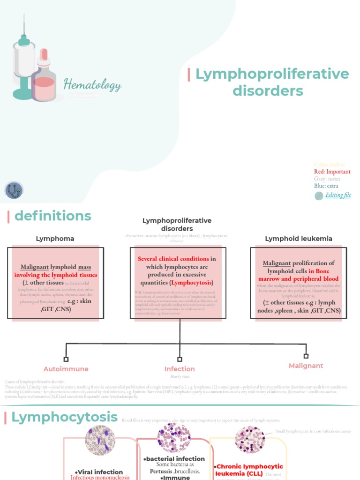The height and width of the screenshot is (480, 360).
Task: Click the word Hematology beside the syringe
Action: pyautogui.click(x=92, y=85)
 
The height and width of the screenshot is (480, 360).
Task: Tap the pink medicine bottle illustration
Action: pyautogui.click(x=44, y=77)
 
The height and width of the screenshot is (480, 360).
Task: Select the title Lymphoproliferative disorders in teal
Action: pyautogui.click(x=272, y=82)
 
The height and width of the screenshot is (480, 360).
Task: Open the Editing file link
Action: pyautogui.click(x=338, y=195)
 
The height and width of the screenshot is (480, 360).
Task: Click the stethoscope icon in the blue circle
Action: pyautogui.click(x=14, y=190)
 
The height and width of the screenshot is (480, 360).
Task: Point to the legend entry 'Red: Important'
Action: pyautogui.click(x=332, y=172)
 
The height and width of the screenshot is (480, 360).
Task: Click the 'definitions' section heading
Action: pyautogui.click(x=52, y=216)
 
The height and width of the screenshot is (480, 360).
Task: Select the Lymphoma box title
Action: pyautogui.click(x=55, y=239)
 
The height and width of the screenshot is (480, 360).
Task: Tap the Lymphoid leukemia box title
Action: pyautogui.click(x=299, y=239)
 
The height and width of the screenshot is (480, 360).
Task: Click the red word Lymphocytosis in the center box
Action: pyautogui.click(x=191, y=283)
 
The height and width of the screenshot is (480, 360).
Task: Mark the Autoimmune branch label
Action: pyautogui.click(x=66, y=369)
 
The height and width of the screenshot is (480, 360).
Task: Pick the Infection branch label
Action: pyautogui.click(x=180, y=369)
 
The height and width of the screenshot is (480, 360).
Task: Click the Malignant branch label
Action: pyautogui.click(x=306, y=366)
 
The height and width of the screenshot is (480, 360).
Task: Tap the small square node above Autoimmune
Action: pyautogui.click(x=66, y=359)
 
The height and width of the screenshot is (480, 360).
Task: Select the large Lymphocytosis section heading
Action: pyautogui.click(x=64, y=417)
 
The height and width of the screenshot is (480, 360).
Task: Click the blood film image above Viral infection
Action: pyautogui.click(x=100, y=441)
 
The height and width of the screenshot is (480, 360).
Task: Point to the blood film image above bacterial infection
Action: pyautogui.click(x=174, y=438)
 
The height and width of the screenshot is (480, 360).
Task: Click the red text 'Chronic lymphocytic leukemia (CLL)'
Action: pyautogui.click(x=250, y=470)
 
